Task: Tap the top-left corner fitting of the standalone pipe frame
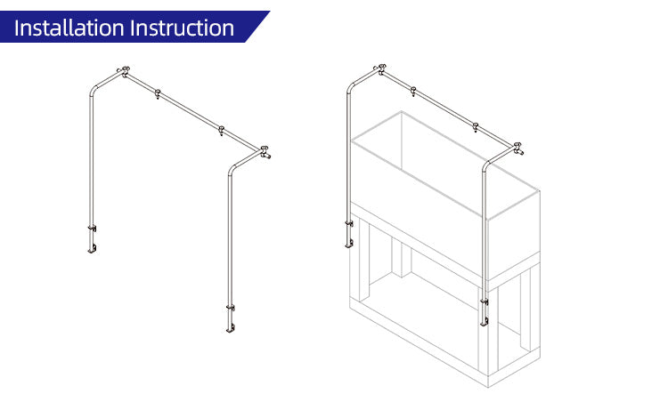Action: click(124, 69)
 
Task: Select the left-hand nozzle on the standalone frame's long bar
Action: click(158, 93)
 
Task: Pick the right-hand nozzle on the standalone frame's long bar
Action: click(222, 132)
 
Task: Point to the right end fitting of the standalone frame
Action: click(265, 152)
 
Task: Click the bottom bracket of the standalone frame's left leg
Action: click(91, 239)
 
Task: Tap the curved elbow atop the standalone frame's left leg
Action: click(94, 87)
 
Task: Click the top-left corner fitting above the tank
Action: click(381, 68)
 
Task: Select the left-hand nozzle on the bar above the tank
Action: click(413, 90)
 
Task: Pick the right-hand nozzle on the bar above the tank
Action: click(477, 127)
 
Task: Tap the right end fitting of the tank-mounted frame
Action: click(516, 149)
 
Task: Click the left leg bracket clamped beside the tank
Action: click(348, 233)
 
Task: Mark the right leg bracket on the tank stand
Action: click(485, 310)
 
